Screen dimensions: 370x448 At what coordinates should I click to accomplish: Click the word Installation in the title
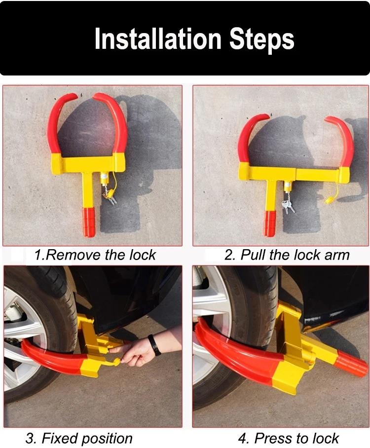(x=158, y=38)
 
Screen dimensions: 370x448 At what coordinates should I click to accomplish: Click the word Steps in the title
(x=262, y=40)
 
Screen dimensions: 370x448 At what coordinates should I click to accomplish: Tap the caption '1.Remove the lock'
(x=95, y=255)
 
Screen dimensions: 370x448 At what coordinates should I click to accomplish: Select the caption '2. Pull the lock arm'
(x=287, y=255)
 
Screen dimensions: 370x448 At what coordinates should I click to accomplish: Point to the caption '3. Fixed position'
(x=79, y=438)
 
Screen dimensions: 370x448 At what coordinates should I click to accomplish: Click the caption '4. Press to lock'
(x=288, y=438)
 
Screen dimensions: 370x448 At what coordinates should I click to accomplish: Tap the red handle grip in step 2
(x=270, y=224)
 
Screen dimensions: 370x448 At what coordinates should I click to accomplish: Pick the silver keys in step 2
(x=288, y=207)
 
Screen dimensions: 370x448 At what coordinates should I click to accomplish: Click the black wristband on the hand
(x=154, y=345)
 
